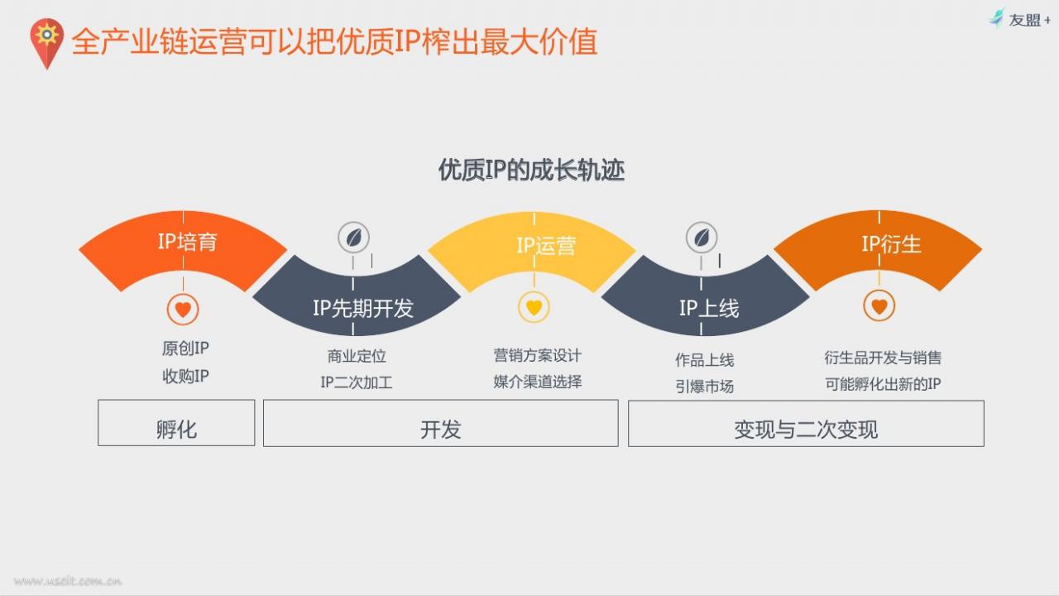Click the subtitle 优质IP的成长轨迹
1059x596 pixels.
531,171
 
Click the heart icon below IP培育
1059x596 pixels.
183,310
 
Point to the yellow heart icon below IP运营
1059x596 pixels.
534,307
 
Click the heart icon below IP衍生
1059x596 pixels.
879,305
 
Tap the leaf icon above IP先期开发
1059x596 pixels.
353,238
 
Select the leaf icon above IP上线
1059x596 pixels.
702,238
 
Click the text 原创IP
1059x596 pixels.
185,348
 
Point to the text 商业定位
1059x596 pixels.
357,356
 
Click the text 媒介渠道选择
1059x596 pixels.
538,382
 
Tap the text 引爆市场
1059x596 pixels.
704,387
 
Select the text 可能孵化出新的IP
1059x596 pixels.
883,383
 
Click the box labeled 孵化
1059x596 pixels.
176,423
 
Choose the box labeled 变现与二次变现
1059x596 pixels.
806,423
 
